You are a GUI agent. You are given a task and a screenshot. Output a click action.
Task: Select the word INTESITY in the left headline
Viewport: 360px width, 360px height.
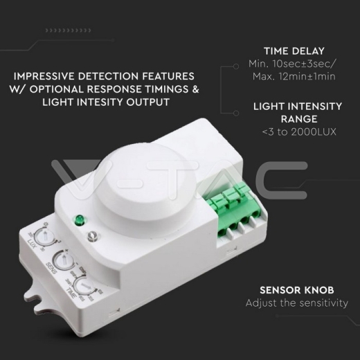click(109, 102)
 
